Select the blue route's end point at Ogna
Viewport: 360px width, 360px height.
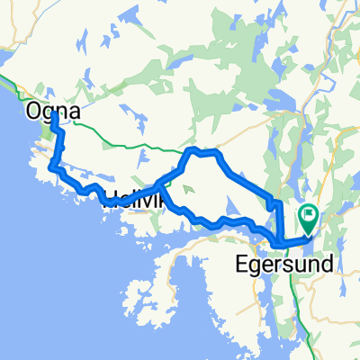coord(54,116)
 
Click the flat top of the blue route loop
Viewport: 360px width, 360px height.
coord(202,152)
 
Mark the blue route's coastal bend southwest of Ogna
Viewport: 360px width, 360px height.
coord(51,166)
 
